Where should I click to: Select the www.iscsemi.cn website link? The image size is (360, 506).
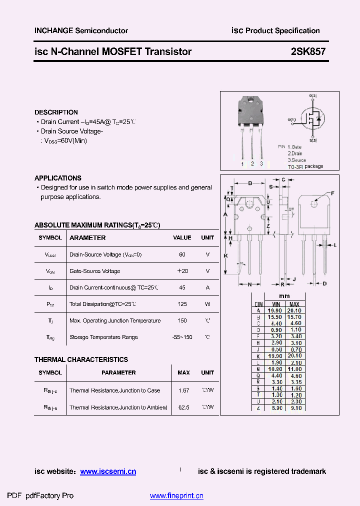click(108, 471)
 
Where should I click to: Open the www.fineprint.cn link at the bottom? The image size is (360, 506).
click(176, 496)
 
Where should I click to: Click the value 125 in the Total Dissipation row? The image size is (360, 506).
click(182, 304)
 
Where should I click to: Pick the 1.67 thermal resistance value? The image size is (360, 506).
click(183, 390)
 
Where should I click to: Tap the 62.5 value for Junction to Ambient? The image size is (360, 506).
click(183, 407)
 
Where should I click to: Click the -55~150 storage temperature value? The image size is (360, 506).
click(182, 337)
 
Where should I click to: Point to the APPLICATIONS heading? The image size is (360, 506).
click(58, 178)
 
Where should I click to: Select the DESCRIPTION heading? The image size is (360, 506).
click(56, 112)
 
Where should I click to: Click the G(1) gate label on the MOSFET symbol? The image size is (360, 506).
click(292, 119)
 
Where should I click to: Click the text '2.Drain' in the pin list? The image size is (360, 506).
click(296, 153)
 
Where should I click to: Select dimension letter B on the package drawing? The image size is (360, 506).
click(250, 183)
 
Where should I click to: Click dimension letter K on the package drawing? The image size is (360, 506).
click(225, 256)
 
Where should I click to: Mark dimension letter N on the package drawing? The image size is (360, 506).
click(249, 284)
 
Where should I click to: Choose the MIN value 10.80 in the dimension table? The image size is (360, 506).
click(276, 368)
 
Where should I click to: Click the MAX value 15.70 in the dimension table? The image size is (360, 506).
click(295, 317)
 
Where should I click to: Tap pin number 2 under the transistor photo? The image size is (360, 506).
click(252, 163)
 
